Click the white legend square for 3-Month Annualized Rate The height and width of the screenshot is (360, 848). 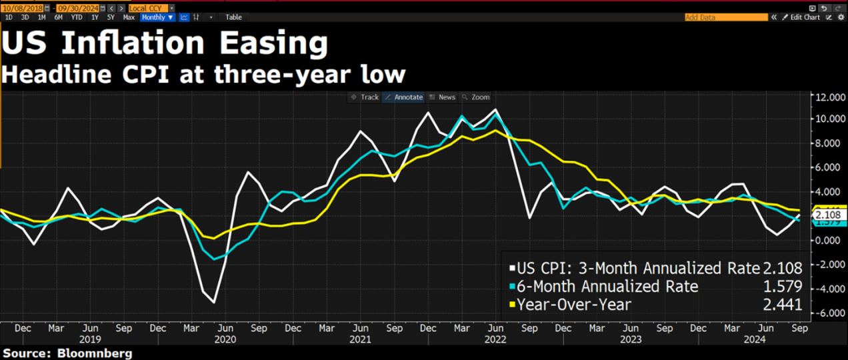coord(512,269)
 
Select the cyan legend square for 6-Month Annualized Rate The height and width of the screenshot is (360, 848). coord(512,287)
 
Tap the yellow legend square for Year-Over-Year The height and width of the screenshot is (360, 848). coord(512,305)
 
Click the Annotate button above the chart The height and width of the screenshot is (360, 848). coord(404,97)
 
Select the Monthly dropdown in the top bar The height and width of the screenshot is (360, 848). coord(157,17)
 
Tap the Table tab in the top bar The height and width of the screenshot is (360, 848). coord(233,17)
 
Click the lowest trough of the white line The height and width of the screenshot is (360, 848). coord(214,303)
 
